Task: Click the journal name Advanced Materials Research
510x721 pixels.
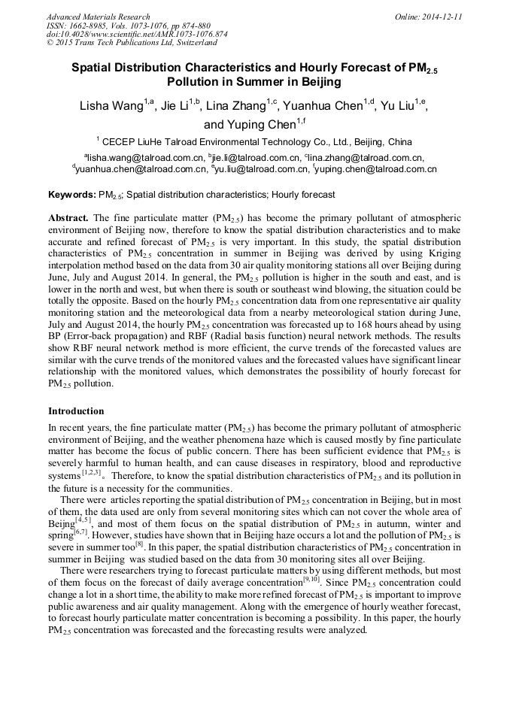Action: (x=98, y=17)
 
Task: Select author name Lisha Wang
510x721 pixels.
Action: (x=112, y=106)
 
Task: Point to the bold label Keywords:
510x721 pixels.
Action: (x=71, y=195)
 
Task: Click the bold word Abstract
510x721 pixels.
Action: (x=68, y=217)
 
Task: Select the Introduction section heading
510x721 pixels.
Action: (x=76, y=411)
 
